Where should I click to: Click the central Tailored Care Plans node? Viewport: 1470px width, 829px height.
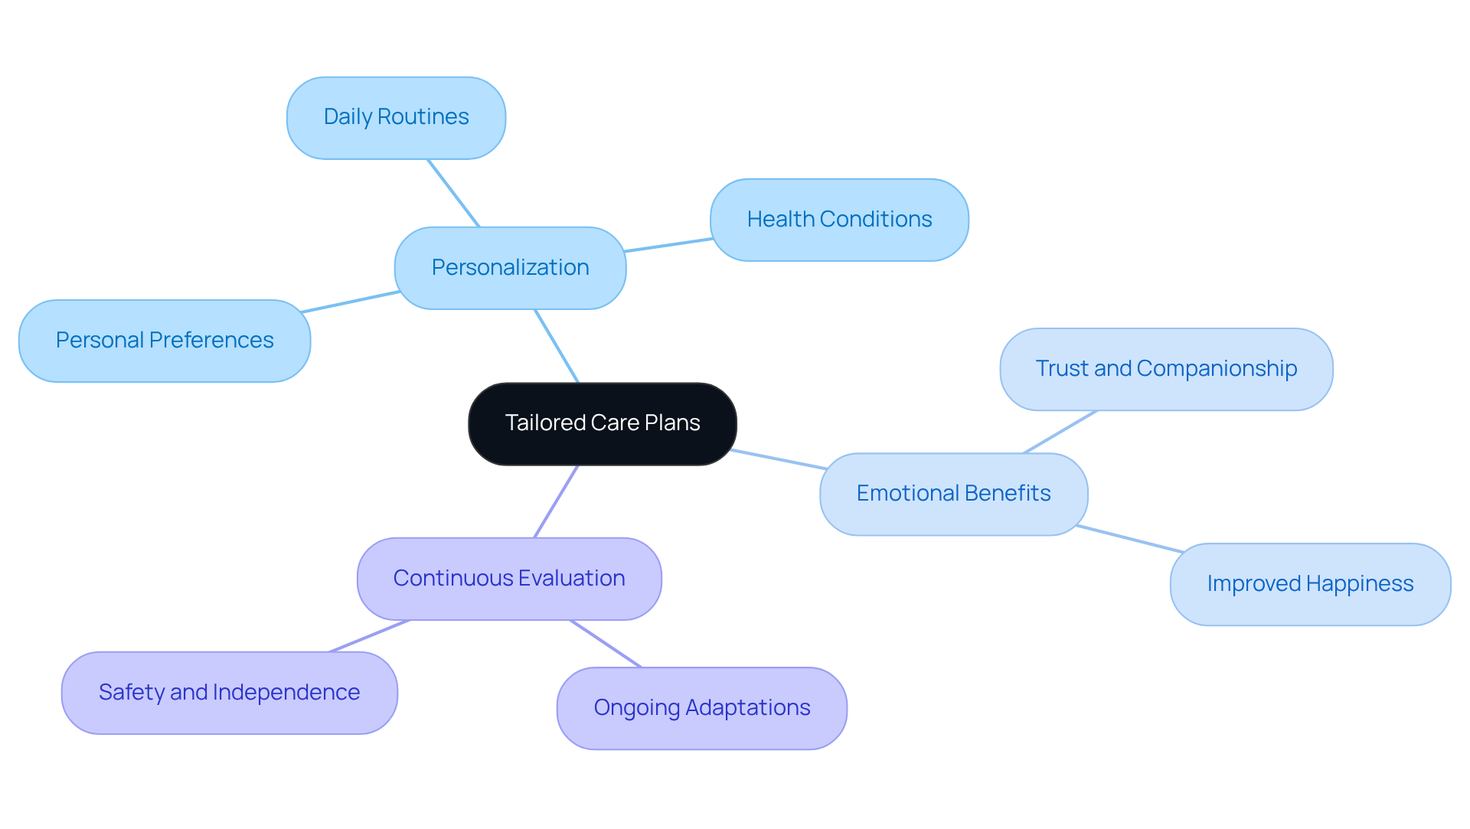click(x=603, y=423)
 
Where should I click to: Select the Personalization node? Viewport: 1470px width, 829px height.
click(x=510, y=268)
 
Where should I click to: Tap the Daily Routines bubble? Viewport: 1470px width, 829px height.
click(x=396, y=117)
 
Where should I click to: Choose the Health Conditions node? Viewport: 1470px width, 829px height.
click(x=839, y=220)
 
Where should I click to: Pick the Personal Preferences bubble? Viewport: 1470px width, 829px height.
click(x=165, y=341)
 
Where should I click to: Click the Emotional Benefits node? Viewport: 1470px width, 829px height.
click(x=953, y=494)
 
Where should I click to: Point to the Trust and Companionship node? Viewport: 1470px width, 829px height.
click(x=1166, y=369)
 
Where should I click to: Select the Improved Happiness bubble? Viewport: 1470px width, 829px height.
click(x=1310, y=584)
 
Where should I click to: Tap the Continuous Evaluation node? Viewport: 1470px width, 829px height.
click(x=509, y=579)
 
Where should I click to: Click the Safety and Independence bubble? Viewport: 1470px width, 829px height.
click(x=229, y=693)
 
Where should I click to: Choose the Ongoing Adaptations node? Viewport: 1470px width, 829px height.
click(x=701, y=708)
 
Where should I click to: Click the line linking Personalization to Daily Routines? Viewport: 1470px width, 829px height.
click(x=453, y=193)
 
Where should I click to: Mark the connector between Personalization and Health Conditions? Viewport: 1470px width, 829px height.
click(x=668, y=245)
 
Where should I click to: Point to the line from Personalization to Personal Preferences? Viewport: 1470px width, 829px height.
click(x=351, y=302)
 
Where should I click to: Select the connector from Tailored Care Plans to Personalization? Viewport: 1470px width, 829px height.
click(x=557, y=346)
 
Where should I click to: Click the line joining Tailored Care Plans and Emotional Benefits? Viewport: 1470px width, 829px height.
click(x=779, y=459)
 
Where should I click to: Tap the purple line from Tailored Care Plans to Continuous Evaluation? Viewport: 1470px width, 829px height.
click(x=556, y=501)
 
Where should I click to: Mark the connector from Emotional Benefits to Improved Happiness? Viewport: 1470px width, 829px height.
click(x=1129, y=539)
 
